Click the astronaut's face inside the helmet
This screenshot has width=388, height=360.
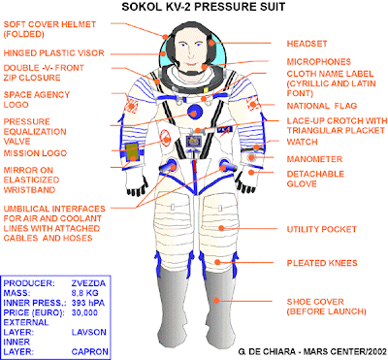[x=194, y=48]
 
